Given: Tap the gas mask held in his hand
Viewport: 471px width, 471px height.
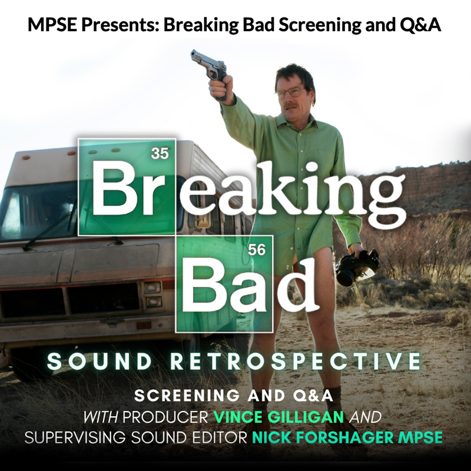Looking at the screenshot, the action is [357, 267].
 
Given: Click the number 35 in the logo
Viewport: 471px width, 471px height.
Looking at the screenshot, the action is [160, 154].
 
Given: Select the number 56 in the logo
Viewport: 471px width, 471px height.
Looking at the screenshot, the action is [257, 250].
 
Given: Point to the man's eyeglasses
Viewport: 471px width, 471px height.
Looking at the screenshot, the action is [291, 92].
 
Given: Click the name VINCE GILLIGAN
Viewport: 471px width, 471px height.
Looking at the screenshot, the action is [278, 417].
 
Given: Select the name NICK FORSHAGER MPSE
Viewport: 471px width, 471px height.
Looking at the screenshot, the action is [347, 437].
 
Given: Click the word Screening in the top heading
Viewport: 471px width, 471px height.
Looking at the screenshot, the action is [320, 25].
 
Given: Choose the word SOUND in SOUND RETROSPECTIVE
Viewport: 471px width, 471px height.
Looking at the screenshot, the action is [99, 361].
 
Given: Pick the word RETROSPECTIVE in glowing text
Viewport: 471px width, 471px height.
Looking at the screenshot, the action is [296, 361].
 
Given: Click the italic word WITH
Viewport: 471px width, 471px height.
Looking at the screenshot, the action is [100, 417].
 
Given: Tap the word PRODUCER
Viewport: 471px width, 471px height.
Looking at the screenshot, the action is [165, 417].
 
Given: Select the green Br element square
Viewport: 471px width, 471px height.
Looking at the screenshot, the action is [127, 187].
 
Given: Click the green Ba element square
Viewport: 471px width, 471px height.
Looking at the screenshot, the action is [224, 284].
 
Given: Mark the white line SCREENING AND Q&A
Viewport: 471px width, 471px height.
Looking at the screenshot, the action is [233, 396].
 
